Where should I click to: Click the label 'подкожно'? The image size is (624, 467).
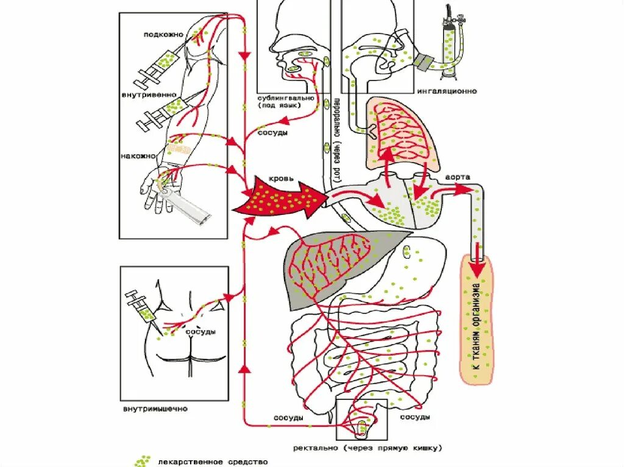[x=163, y=35]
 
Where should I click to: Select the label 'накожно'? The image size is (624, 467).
[x=140, y=156]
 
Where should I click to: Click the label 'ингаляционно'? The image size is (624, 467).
[x=447, y=91]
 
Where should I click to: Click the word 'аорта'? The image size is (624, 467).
[x=457, y=176]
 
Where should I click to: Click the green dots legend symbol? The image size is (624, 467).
[x=142, y=462]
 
